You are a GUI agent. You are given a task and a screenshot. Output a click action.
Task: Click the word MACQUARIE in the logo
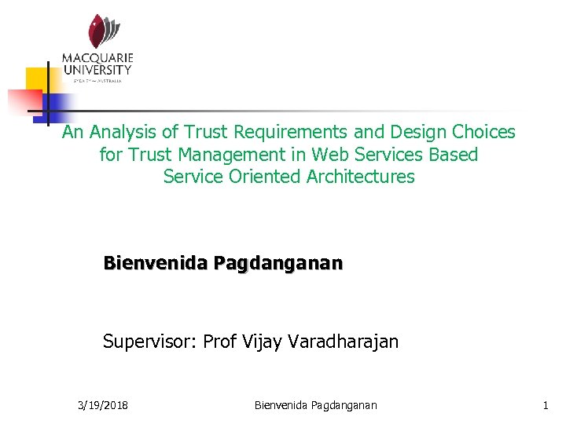[x=98, y=58]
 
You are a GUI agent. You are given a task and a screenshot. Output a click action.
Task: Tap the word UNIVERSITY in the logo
[x=98, y=70]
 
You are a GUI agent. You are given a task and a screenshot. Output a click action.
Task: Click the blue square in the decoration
[x=57, y=106]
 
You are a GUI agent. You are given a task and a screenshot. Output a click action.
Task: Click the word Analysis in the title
[x=119, y=133]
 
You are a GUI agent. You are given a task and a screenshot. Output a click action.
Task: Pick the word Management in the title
[x=240, y=155]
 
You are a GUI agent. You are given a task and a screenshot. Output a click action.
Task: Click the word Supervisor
[x=149, y=342]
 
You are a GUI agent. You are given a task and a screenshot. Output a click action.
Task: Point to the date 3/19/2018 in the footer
[x=104, y=405]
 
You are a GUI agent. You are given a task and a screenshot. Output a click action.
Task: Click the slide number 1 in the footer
[x=545, y=405]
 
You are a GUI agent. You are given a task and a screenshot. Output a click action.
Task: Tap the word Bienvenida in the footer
[x=281, y=405]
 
